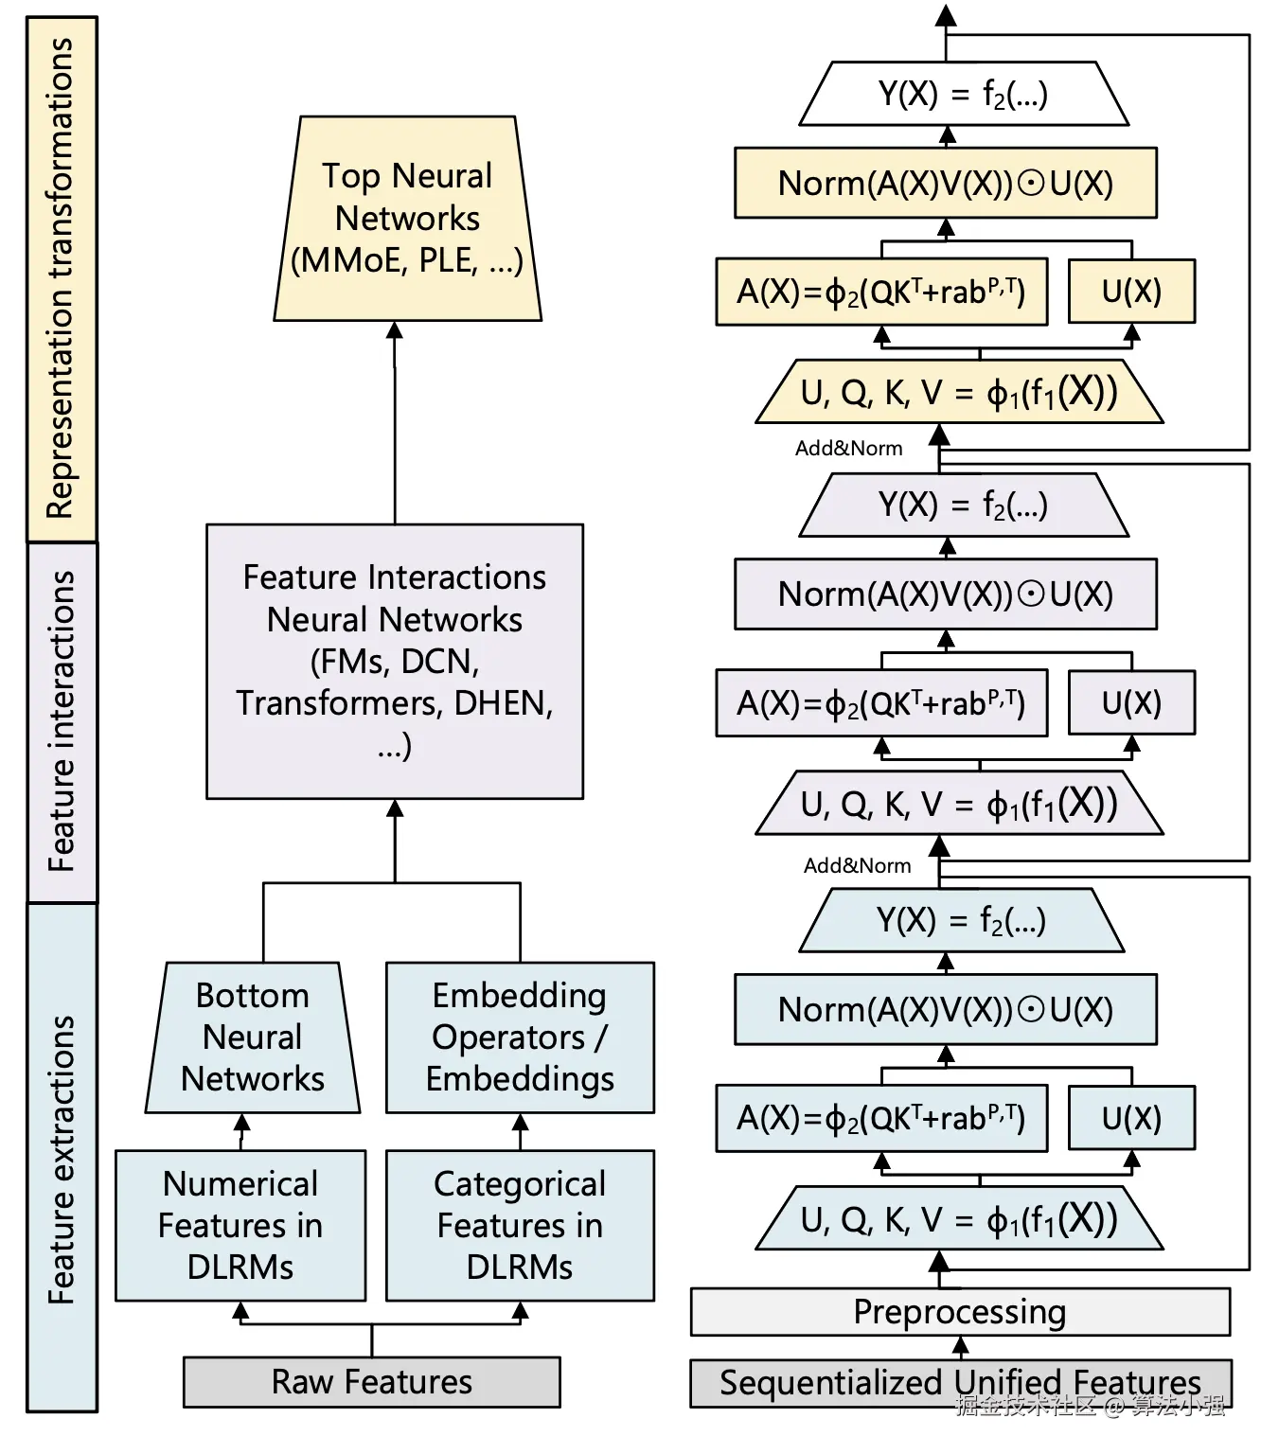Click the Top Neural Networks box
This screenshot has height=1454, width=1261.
(407, 219)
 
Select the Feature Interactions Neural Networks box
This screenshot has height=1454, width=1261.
(395, 662)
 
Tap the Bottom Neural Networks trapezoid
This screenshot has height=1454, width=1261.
(253, 1037)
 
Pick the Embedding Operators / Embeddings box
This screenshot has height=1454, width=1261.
(520, 1037)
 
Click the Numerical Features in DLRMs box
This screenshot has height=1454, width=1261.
(240, 1225)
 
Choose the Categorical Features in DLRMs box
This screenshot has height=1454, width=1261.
(520, 1225)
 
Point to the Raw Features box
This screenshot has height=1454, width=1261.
(371, 1382)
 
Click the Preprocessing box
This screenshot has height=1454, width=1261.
(961, 1312)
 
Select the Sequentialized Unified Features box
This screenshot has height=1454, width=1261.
(961, 1383)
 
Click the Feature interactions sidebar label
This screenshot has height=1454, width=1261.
(62, 721)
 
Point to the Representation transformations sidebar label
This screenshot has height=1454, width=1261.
(62, 279)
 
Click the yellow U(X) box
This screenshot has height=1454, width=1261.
(1131, 292)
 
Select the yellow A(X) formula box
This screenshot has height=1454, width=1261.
(881, 292)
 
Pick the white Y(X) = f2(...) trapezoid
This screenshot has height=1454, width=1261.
(964, 94)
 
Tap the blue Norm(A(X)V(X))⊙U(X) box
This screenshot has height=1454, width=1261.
(946, 1009)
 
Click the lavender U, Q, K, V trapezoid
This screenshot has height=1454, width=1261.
(959, 804)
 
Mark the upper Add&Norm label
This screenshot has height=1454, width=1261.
(848, 448)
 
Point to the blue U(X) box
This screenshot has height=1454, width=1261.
(1131, 1118)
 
